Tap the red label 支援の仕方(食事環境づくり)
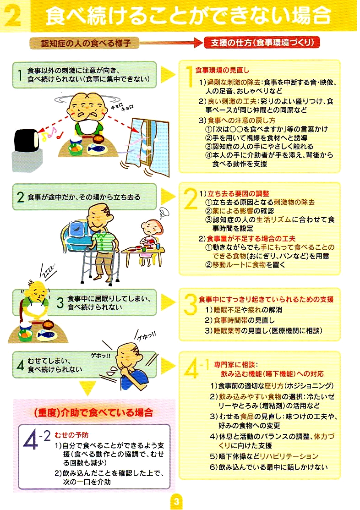click(262, 43)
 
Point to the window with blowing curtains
click(148, 146)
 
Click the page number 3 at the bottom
click(176, 501)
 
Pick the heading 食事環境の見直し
click(222, 70)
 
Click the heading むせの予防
click(71, 435)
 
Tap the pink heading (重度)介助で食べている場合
click(93, 413)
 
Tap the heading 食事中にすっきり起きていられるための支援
click(266, 299)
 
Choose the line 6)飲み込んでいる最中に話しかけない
click(268, 467)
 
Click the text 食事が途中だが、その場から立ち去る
click(84, 197)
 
